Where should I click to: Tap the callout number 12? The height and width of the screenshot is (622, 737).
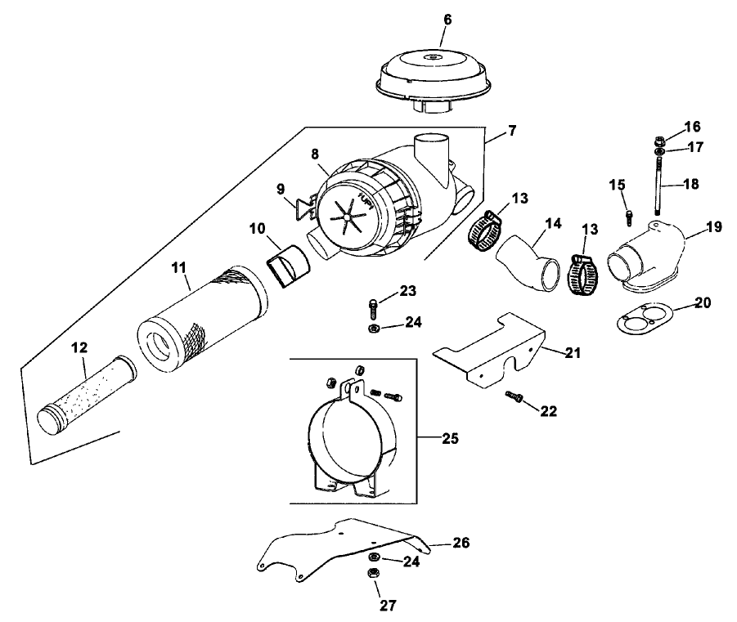(x=79, y=348)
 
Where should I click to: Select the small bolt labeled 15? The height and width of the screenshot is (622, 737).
(x=628, y=216)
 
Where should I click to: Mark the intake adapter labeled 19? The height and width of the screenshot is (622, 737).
(x=650, y=257)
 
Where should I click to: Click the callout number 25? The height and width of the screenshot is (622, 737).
(x=448, y=439)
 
